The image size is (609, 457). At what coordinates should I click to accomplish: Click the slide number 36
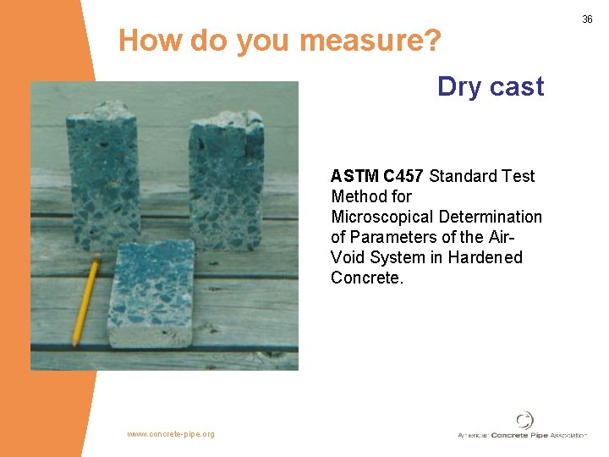coord(587,19)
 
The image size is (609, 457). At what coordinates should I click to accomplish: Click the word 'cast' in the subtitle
coord(518,86)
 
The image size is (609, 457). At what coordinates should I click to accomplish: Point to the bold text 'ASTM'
coord(355,176)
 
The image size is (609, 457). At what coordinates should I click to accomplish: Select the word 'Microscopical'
coord(382,217)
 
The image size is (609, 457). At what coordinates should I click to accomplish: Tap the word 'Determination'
coord(491,217)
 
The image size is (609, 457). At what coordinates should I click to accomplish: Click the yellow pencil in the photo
coord(85,300)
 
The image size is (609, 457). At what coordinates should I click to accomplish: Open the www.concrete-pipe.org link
coord(171,434)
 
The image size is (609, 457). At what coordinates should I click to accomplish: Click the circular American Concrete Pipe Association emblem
coord(525,420)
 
